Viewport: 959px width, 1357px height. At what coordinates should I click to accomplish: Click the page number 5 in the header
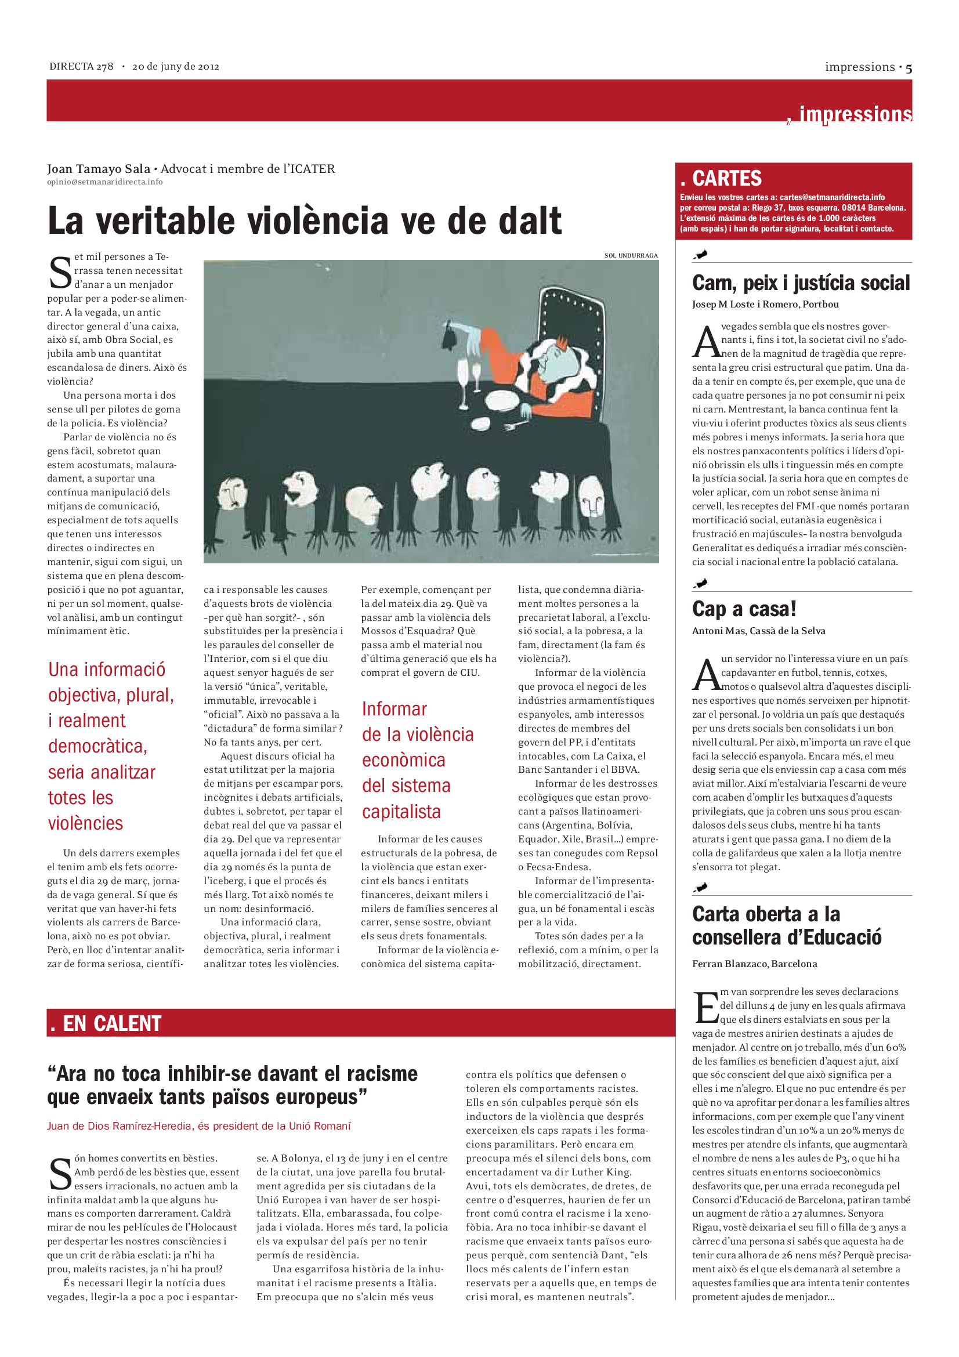coord(908,68)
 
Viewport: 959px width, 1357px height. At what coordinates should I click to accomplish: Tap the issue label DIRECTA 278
coord(81,67)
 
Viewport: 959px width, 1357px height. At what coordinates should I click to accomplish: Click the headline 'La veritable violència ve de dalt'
coord(305,221)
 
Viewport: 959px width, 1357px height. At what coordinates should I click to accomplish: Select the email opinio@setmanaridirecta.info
coord(104,182)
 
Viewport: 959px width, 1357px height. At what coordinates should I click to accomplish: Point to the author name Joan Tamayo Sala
coord(98,169)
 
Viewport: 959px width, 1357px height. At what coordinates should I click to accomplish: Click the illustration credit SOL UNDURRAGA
coord(631,255)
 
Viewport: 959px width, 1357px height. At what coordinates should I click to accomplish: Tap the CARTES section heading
coord(726,179)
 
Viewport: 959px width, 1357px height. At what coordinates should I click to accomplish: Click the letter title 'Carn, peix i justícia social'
coord(801,283)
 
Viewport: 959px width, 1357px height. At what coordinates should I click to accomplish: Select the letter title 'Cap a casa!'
coord(744,609)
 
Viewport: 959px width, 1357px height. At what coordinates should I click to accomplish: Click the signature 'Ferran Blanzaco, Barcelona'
coord(755,964)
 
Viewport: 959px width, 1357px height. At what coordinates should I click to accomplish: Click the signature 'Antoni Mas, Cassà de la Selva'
coord(759,631)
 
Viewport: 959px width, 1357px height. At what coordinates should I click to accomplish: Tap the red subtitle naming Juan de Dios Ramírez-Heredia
coord(198,1126)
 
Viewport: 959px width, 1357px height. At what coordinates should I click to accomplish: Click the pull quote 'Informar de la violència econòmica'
coord(417,760)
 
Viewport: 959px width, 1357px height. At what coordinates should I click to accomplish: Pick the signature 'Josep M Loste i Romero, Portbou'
coord(765,305)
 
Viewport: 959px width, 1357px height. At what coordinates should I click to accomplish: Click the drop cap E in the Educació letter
coord(705,1007)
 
